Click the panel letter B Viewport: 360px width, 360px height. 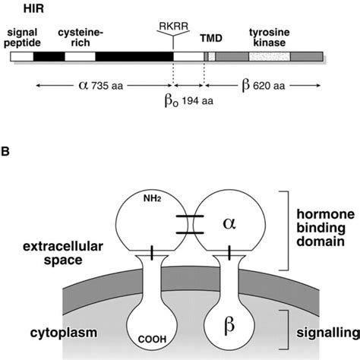point(8,151)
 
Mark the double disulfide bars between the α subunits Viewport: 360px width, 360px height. point(188,225)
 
